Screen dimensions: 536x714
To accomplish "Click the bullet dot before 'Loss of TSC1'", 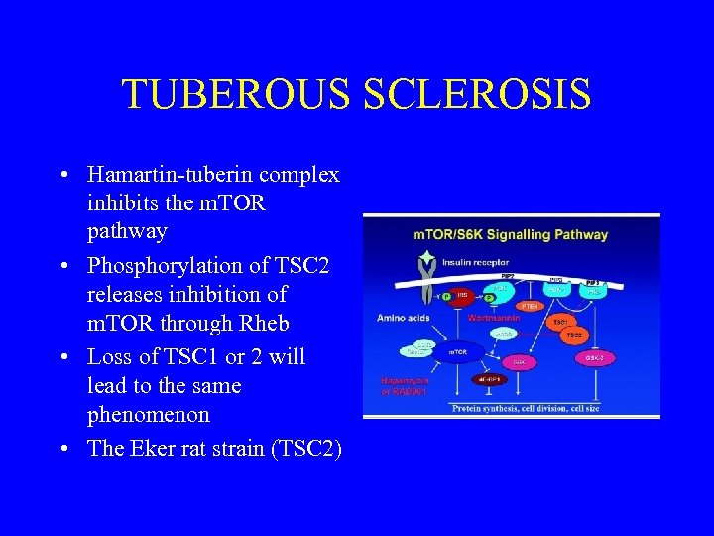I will pos(63,357).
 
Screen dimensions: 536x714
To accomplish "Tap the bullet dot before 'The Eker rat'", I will pos(63,449).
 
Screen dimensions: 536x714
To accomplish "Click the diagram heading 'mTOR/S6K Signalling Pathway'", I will pos(511,235).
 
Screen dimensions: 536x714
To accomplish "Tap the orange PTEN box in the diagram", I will pos(529,307).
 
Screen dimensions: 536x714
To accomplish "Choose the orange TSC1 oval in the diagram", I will pos(561,323).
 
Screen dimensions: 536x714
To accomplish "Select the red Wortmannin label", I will pos(493,319).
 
